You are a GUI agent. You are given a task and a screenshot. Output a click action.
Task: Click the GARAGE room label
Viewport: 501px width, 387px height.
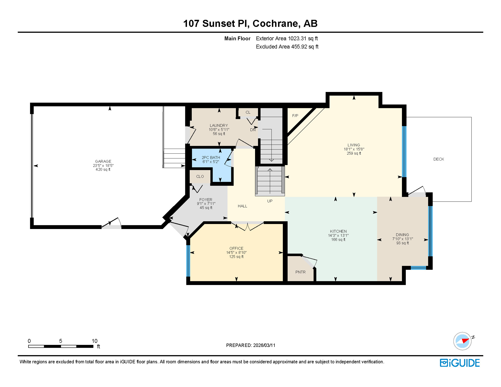click(x=103, y=161)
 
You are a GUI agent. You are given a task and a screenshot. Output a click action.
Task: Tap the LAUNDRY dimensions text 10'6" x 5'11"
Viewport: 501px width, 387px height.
click(x=219, y=130)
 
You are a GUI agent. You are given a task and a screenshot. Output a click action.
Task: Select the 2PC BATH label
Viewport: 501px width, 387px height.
click(x=211, y=157)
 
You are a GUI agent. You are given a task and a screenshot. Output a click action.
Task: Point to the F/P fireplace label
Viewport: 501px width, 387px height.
click(x=295, y=116)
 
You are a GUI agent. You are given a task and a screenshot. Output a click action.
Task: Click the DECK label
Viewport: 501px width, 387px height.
click(x=439, y=159)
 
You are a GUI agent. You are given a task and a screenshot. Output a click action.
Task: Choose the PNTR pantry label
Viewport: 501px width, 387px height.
click(x=300, y=272)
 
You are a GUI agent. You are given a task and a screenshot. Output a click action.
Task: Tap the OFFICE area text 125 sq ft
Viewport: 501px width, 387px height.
click(x=236, y=257)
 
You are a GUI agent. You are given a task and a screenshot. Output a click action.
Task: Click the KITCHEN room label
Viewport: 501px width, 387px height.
click(x=338, y=231)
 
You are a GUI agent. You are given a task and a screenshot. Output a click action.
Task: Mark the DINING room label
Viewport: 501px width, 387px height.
click(x=402, y=235)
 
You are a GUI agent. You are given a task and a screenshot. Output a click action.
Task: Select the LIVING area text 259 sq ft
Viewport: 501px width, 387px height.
click(x=354, y=153)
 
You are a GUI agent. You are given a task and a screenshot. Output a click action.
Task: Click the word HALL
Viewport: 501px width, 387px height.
click(x=242, y=206)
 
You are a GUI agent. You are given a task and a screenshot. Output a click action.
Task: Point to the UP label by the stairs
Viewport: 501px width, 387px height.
click(x=270, y=201)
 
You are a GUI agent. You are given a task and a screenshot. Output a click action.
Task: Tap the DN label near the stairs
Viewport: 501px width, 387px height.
click(x=253, y=130)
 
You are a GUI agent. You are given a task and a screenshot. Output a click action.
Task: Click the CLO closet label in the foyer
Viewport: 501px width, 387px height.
click(x=200, y=177)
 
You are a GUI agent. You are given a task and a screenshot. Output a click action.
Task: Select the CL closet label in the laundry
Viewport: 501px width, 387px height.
click(x=248, y=112)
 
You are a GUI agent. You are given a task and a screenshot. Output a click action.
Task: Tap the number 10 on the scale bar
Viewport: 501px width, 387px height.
click(x=95, y=341)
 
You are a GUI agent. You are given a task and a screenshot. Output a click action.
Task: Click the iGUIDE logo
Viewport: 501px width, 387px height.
click(x=460, y=363)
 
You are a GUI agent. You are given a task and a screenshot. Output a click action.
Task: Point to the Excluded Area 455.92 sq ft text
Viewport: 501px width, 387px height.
click(x=287, y=47)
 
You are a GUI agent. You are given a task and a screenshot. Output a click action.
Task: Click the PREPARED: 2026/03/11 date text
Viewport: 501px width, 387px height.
click(x=250, y=345)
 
